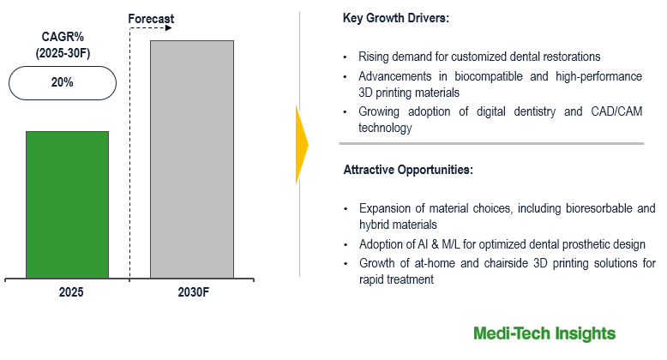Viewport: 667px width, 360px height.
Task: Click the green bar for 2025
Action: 67,204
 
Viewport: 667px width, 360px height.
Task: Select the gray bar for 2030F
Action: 192,159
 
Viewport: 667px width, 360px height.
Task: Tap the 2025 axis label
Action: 70,293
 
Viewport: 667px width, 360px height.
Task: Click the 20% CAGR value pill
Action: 63,83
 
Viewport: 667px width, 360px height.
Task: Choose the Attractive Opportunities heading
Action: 407,170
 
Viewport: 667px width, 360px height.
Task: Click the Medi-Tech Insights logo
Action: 544,333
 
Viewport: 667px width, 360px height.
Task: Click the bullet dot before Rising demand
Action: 345,57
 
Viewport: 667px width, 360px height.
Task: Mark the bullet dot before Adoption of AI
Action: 345,244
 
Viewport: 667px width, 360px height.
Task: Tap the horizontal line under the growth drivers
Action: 491,143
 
